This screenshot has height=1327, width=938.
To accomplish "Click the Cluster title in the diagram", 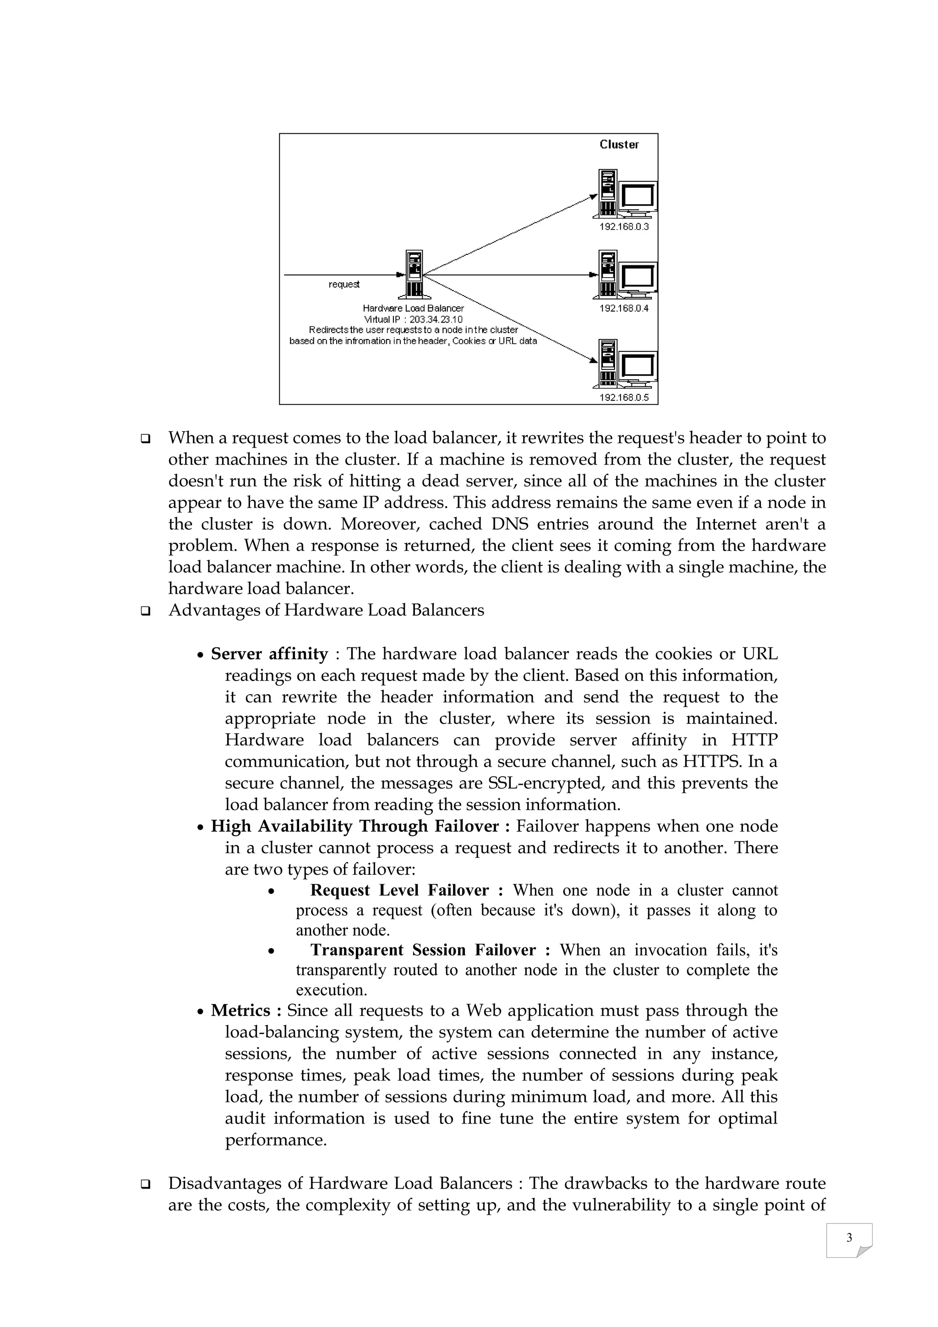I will point(619,144).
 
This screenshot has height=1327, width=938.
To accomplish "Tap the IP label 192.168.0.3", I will point(624,226).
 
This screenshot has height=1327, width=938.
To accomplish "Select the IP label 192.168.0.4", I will point(624,309).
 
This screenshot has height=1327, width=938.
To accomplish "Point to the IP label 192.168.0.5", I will point(624,398).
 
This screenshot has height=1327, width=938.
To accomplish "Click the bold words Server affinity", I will point(269,654).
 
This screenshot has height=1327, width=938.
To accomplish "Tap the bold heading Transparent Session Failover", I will point(423,950).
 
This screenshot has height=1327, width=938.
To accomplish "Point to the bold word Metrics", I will point(240,1010).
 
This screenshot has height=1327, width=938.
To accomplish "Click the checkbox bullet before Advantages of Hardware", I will point(146,611).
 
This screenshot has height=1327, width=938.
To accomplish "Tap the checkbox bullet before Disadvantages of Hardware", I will point(146,1184).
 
